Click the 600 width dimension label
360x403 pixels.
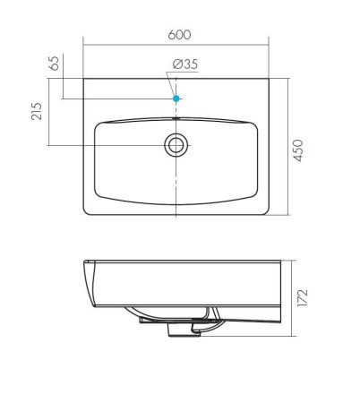178,35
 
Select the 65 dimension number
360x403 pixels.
54,64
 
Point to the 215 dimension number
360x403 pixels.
37,111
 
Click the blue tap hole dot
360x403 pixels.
176,98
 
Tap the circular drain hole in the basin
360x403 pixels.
176,144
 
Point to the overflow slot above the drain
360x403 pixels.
176,116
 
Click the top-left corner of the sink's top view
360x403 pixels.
84,79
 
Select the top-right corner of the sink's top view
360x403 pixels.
270,79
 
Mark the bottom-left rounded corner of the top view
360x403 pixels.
87,212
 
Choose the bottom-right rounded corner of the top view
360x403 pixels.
267,212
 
